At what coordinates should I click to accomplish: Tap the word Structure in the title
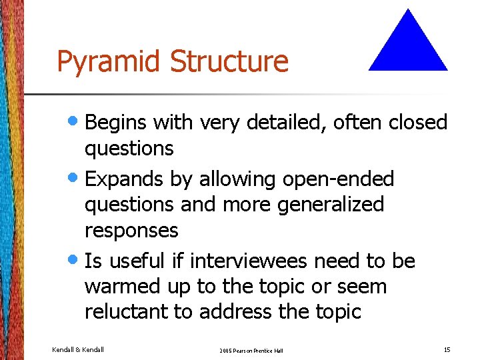click(x=229, y=61)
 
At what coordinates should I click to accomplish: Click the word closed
click(x=418, y=123)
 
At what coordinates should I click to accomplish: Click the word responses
click(x=131, y=231)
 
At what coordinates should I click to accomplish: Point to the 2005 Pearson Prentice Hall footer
click(x=251, y=350)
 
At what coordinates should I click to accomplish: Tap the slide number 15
click(x=446, y=349)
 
